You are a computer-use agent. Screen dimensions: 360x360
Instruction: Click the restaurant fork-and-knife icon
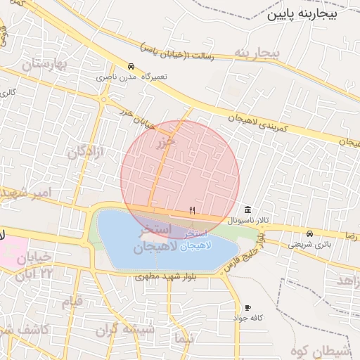click(x=193, y=211)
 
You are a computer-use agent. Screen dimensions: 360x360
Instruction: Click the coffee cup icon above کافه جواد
click(x=247, y=308)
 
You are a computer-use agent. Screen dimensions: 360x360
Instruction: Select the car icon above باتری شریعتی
click(x=309, y=234)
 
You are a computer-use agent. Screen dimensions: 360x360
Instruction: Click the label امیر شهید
click(x=35, y=193)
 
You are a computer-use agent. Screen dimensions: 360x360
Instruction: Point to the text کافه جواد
click(x=248, y=319)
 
